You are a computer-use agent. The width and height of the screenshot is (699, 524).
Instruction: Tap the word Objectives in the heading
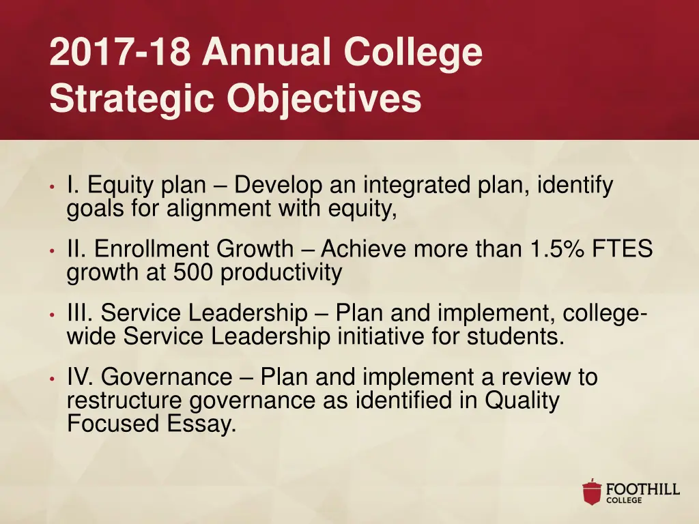tap(324, 98)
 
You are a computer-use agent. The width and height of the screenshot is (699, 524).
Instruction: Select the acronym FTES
tap(623, 249)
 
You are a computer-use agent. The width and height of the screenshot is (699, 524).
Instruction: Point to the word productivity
tap(281, 274)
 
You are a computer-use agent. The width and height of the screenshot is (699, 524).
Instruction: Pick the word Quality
tap(522, 401)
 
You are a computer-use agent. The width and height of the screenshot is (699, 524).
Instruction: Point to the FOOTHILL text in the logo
tap(643, 489)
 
